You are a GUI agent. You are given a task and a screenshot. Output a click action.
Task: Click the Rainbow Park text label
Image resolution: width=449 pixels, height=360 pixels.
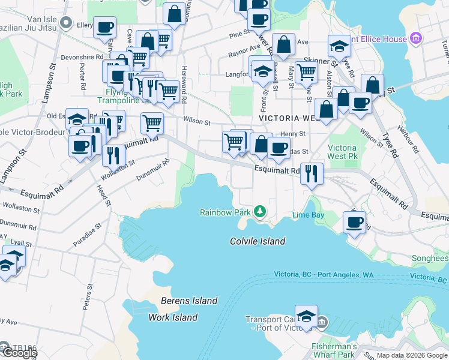[x=225, y=212]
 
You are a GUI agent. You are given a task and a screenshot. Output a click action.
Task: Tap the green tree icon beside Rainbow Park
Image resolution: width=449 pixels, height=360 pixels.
[x=259, y=211]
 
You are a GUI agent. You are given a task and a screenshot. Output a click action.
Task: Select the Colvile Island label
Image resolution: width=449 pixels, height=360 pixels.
[x=257, y=241]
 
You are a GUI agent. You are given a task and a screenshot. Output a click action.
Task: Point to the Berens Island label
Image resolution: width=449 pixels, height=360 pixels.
[x=188, y=301]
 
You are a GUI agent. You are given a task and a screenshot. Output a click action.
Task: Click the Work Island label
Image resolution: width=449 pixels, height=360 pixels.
[x=173, y=317]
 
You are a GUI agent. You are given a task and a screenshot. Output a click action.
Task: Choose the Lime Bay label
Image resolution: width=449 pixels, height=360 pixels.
[x=308, y=215]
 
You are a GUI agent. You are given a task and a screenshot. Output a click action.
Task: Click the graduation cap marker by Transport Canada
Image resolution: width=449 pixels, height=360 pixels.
[x=306, y=316]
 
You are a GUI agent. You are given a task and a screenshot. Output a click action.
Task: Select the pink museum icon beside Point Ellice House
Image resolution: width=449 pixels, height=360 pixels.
[x=417, y=39]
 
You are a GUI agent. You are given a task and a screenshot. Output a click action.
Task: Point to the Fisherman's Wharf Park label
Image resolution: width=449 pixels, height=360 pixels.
[x=334, y=351]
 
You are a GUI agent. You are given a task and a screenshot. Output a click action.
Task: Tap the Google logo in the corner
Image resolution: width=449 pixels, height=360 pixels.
[x=19, y=353]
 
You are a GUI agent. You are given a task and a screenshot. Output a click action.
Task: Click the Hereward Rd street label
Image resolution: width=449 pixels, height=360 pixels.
[x=184, y=84]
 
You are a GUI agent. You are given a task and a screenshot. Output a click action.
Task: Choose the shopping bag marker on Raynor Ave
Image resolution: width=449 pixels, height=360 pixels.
[x=285, y=44]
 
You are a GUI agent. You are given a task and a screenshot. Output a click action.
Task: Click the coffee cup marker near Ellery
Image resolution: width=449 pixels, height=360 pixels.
[x=104, y=28]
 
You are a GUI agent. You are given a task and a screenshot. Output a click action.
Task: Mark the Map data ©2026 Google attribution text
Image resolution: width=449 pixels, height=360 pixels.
[x=412, y=355]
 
